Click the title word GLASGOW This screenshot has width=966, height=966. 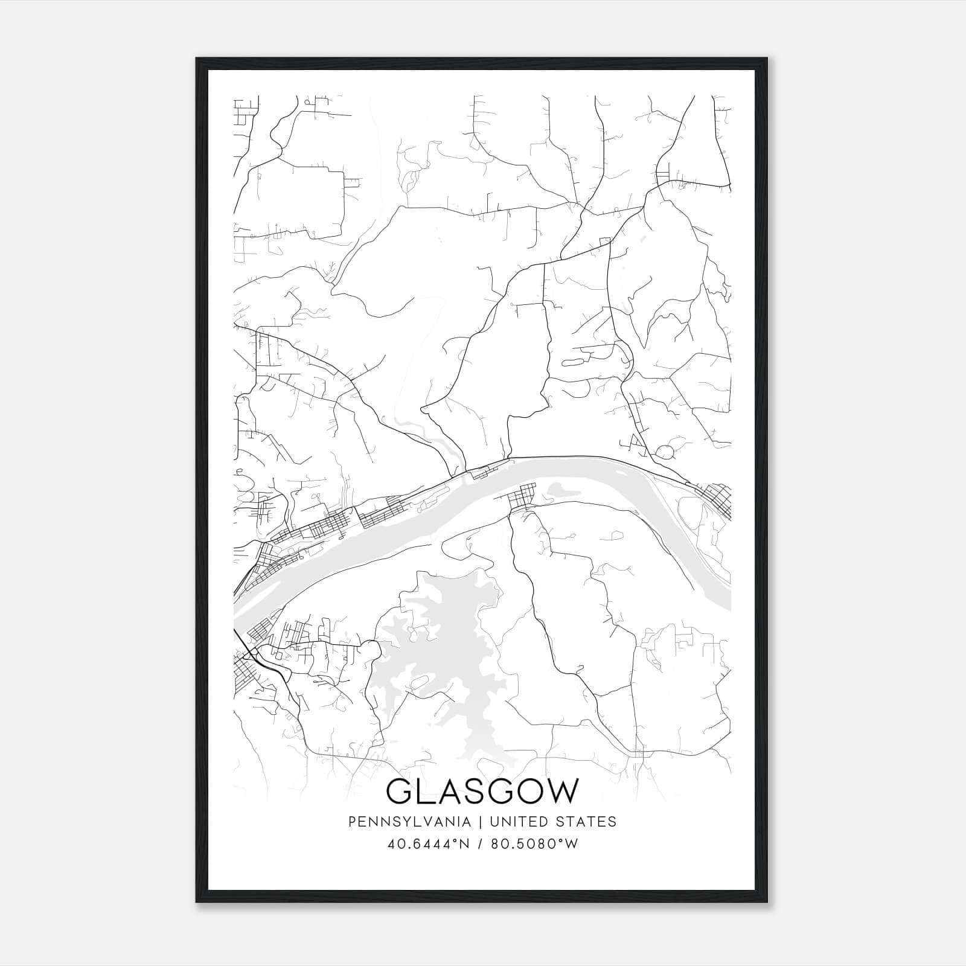coord(482,792)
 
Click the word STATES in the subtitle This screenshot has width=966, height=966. coord(586,822)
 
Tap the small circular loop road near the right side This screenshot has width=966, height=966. coord(664,452)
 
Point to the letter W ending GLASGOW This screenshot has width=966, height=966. coord(562,792)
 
